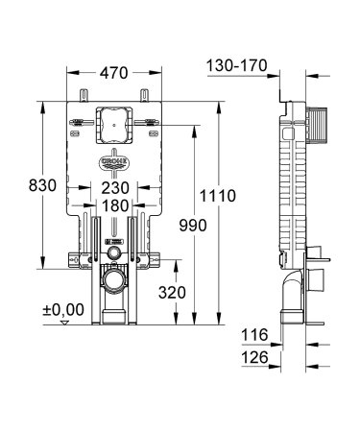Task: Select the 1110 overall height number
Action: click(218, 196)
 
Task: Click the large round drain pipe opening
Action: click(114, 282)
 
